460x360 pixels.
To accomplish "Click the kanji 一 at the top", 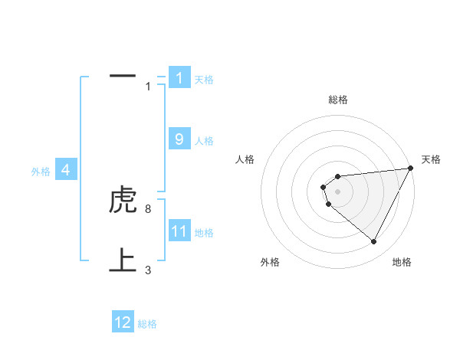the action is pos(123,77).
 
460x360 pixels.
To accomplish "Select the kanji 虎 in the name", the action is pos(123,201).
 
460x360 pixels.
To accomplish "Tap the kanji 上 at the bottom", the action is pos(123,260).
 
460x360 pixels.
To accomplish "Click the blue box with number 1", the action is pos(179,78).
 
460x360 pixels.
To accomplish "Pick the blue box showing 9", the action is pos(179,139).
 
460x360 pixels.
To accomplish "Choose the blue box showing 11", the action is pos(179,231).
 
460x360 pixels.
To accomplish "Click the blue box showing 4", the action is pos(66,170).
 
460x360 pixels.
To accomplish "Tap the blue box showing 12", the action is pos(123,322).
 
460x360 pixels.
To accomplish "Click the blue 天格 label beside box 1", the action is pos(204,80).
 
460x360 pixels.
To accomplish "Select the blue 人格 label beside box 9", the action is pos(204,141).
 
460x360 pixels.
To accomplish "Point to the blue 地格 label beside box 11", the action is pos(204,233).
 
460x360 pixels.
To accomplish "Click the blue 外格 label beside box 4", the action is pos(41,172).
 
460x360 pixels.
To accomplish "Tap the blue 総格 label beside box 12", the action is pos(147,324).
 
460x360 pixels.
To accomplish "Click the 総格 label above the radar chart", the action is pos(338,100).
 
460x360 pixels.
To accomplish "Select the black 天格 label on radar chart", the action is pos(431,159).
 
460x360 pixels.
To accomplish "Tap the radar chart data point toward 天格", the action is pos(412,168).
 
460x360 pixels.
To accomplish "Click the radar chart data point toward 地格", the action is pos(374,242).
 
